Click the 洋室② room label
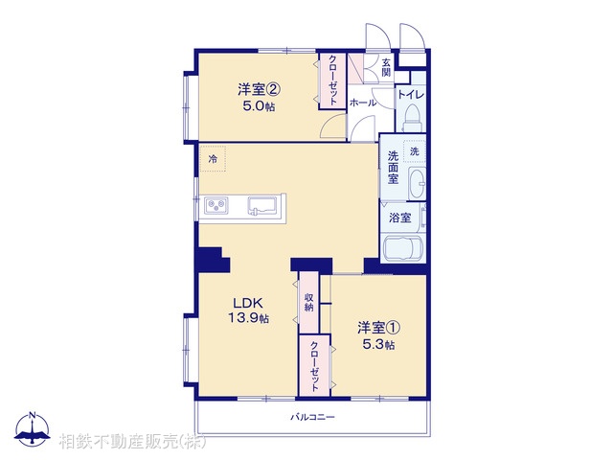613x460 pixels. click(259, 91)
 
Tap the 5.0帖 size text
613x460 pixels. click(259, 107)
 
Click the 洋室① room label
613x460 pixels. click(376, 329)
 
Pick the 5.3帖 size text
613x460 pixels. click(376, 345)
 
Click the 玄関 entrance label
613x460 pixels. click(385, 67)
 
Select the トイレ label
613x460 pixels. click(412, 94)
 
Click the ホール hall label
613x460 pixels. click(362, 102)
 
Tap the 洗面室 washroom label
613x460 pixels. click(394, 167)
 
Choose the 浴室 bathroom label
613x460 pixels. click(399, 218)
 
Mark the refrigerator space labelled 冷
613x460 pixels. click(213, 159)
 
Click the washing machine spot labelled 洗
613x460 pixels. click(415, 152)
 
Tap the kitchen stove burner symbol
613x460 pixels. click(216, 203)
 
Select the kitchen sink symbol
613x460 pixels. click(261, 204)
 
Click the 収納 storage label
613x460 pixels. click(309, 302)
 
